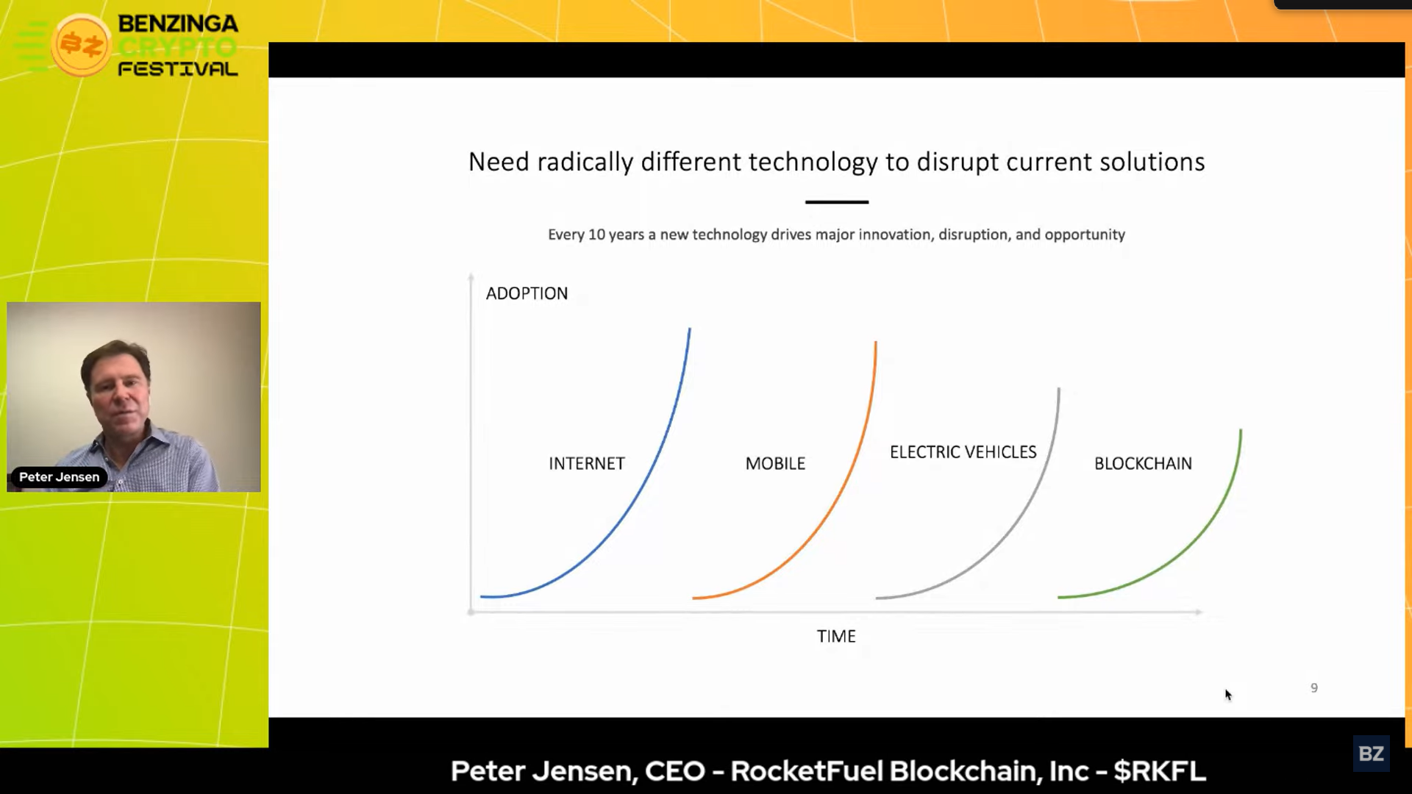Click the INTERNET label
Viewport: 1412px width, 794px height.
(587, 464)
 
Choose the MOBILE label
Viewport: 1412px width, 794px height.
(775, 464)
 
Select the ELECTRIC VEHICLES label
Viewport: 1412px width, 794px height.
(963, 452)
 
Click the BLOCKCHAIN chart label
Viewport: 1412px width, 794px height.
(1143, 464)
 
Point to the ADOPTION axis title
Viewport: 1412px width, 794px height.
(527, 293)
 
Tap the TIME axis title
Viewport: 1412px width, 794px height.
(836, 636)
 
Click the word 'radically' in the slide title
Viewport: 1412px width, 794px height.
(585, 162)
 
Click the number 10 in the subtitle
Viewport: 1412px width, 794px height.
(596, 235)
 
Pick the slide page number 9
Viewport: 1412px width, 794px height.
(1314, 688)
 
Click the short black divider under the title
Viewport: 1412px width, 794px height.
(837, 201)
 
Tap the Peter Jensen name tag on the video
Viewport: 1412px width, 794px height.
(59, 477)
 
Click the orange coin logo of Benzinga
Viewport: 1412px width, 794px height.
(81, 46)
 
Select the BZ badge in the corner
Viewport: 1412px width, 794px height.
(1371, 754)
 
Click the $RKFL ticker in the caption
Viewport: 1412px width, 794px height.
(1160, 771)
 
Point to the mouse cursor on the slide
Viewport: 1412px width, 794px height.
(1227, 695)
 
